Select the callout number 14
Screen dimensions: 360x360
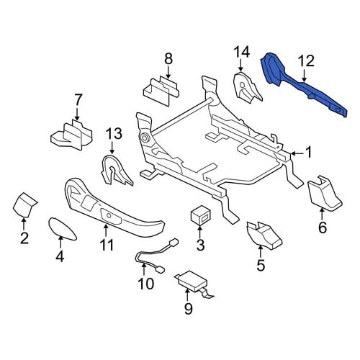242,52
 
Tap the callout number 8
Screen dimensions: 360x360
168,58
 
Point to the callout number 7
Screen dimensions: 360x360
78,100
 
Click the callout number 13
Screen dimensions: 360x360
114,133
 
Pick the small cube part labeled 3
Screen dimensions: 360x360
200,215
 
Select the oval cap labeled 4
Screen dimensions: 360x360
62,229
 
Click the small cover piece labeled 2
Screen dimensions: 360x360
24,204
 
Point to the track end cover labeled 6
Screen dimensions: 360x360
325,194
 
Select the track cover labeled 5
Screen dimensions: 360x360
264,235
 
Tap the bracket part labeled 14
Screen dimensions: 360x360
246,89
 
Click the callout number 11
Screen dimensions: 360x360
107,245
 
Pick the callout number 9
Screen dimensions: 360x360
189,308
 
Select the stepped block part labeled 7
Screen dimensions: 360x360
71,135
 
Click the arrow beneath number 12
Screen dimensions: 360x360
304,76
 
